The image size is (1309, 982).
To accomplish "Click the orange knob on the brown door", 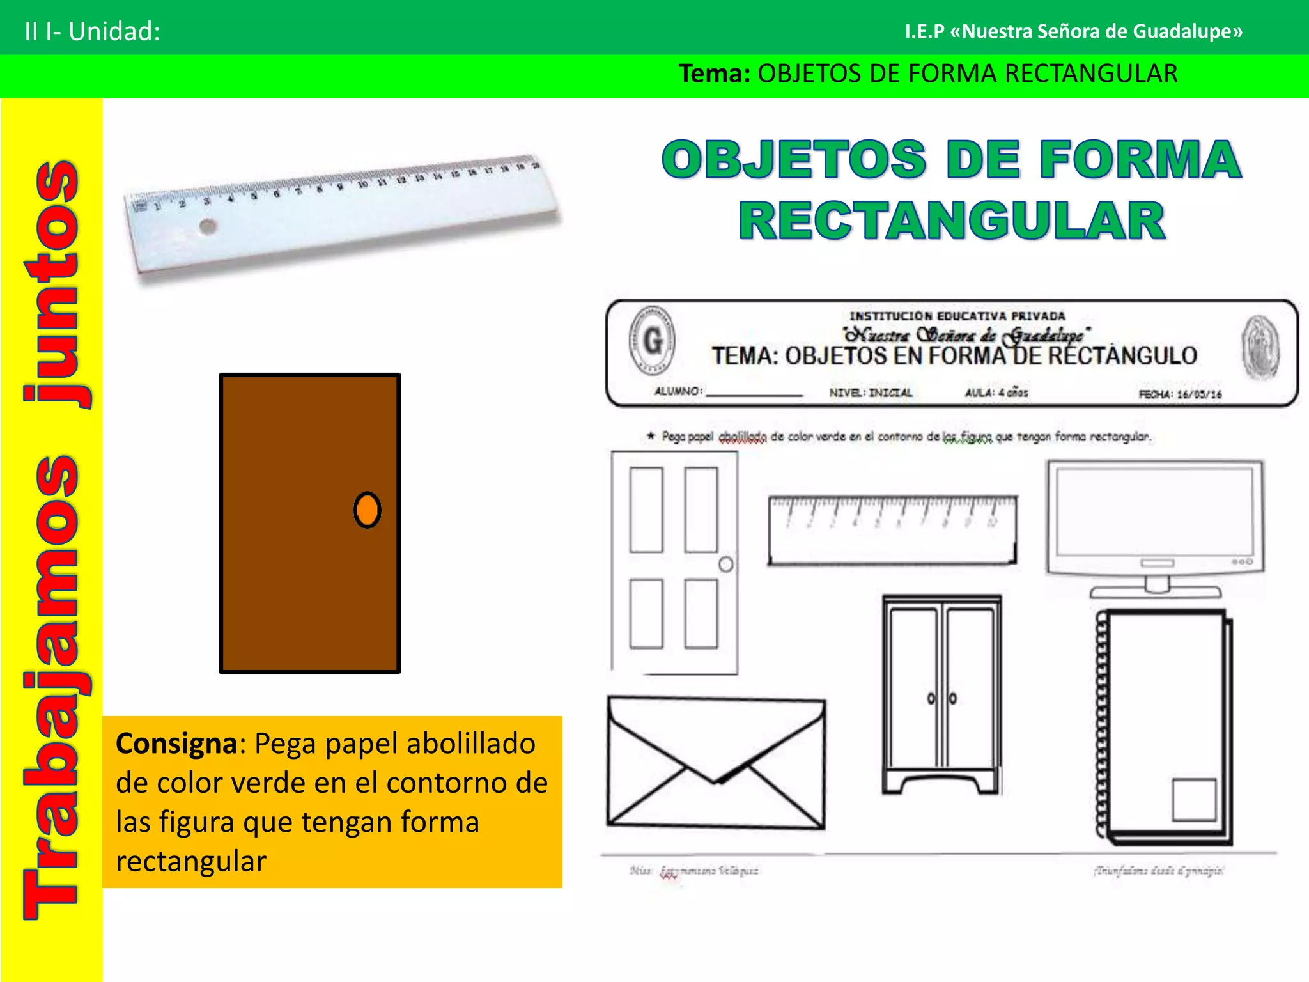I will pyautogui.click(x=367, y=510).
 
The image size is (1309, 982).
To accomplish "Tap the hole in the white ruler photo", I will pyautogui.click(x=208, y=226).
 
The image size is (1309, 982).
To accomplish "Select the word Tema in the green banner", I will pyautogui.click(x=713, y=74).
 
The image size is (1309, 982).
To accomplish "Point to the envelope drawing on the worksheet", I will pyautogui.click(x=716, y=763).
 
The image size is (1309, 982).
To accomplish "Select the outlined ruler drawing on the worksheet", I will pyautogui.click(x=892, y=530).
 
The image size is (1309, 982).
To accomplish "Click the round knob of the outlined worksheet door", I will pyautogui.click(x=726, y=565).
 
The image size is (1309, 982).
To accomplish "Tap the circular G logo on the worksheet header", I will pyautogui.click(x=652, y=339).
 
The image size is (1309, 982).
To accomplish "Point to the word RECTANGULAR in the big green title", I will pyautogui.click(x=952, y=221).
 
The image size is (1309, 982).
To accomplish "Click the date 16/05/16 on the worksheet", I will pyautogui.click(x=1199, y=394).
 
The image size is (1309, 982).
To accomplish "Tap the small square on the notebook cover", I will pyautogui.click(x=1193, y=799).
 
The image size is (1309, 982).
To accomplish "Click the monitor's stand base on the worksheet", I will pyautogui.click(x=1156, y=591).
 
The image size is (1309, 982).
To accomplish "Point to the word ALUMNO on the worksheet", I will pyautogui.click(x=678, y=391).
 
